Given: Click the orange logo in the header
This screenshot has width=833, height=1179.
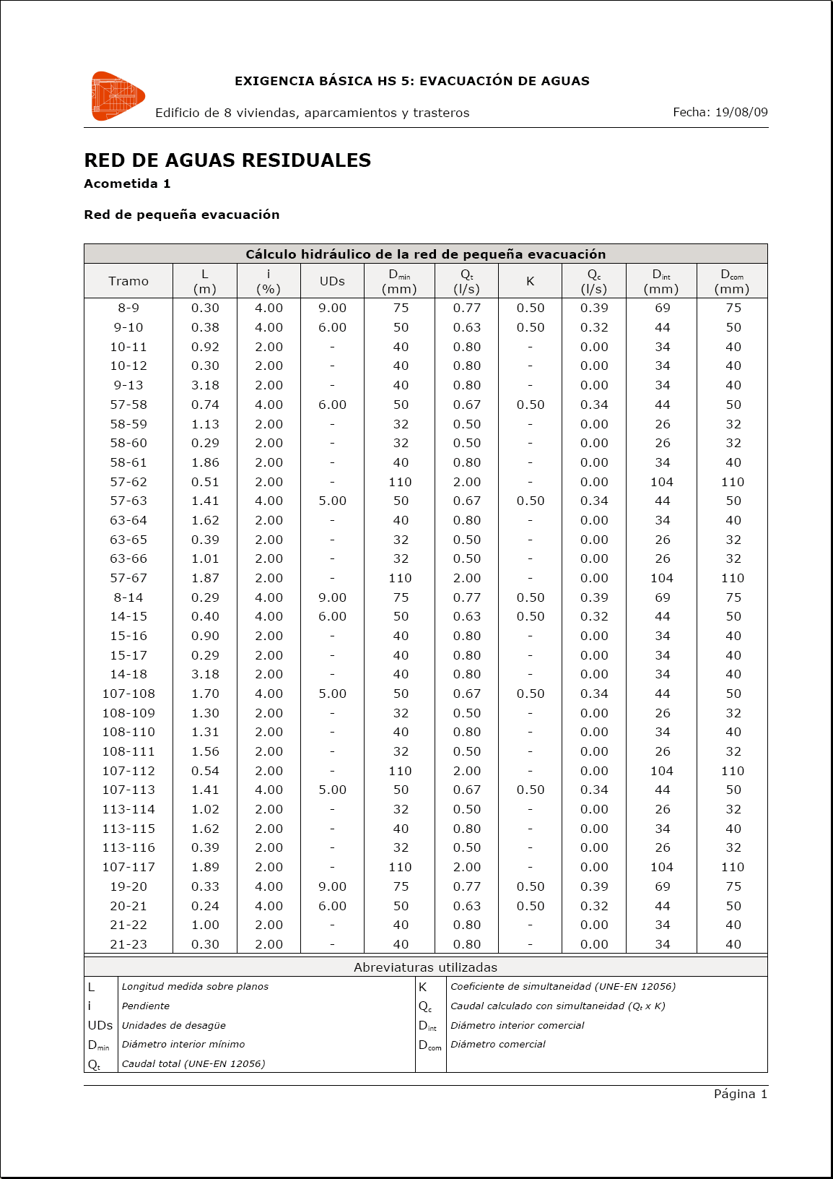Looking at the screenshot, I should (x=118, y=96).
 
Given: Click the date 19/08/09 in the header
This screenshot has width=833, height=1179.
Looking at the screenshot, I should (x=741, y=112).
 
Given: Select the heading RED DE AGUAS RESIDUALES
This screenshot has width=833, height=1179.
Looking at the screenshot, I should (x=227, y=160).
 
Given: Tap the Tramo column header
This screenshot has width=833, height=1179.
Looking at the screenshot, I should (x=128, y=281).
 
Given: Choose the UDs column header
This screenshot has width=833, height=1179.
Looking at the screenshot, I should (x=332, y=281).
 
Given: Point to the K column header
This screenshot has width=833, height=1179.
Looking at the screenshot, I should (x=530, y=281).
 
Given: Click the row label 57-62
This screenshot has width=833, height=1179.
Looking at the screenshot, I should (x=128, y=482).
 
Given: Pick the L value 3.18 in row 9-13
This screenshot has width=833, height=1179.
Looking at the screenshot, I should (x=205, y=385).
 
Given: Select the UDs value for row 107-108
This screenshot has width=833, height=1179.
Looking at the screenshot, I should (x=332, y=694).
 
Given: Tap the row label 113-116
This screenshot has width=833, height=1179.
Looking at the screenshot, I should (x=128, y=847).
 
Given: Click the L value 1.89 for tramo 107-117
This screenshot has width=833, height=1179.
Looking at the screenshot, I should (x=205, y=867).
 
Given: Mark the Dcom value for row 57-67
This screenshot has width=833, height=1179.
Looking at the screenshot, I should (x=733, y=578).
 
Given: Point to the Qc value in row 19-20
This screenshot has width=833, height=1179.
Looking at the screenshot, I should (x=594, y=886).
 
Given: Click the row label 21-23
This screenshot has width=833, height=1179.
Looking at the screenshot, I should (x=128, y=944).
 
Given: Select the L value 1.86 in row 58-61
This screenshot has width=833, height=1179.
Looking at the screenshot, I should (x=205, y=462).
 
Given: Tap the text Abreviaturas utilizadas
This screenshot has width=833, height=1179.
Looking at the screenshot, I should (x=425, y=967).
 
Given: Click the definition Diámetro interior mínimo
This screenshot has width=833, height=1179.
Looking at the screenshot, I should (x=183, y=1044).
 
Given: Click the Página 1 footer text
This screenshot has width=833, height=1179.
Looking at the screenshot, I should (x=740, y=1094).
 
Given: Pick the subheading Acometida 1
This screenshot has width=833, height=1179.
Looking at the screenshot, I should (x=127, y=183).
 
